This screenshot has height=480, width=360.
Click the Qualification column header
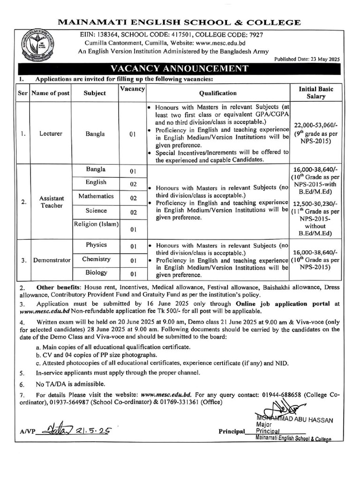pos(218,93)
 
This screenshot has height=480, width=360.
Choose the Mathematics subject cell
pos(96,196)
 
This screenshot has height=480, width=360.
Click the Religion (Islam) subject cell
pos(96,225)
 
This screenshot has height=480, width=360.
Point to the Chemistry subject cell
pos(96,259)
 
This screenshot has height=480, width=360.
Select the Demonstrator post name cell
pos(52,260)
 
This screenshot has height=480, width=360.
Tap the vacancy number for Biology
pos(133,274)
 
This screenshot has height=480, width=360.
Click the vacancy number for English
pos(133,184)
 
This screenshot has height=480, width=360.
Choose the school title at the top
pos(180,22)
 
